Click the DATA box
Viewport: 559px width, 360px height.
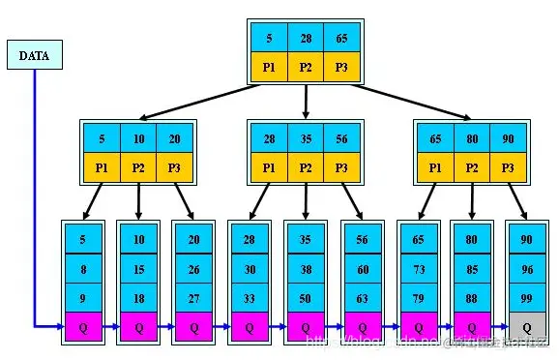coord(34,55)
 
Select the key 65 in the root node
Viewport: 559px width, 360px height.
coord(341,38)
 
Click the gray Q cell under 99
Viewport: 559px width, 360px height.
coord(525,327)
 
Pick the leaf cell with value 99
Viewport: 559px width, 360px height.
coord(525,298)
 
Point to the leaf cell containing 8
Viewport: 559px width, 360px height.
coord(82,270)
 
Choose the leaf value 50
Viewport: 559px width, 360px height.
coord(305,298)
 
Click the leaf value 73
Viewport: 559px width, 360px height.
coord(417,270)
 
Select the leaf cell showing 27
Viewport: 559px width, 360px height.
coord(193,298)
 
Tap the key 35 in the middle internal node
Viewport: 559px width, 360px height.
coord(305,139)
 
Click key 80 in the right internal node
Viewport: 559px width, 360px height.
coord(471,139)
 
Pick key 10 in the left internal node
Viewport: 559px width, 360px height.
coord(138,139)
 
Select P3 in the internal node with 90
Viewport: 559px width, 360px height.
coord(508,166)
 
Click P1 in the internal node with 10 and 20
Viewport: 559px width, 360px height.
coord(102,166)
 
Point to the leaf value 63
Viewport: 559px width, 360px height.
coord(362,298)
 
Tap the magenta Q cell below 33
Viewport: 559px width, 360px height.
coord(249,327)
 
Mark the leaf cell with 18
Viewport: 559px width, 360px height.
coord(138,298)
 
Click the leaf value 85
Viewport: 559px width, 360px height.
coord(471,270)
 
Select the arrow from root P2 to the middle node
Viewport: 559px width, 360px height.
coord(305,100)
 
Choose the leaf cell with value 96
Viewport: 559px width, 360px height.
coord(525,270)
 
